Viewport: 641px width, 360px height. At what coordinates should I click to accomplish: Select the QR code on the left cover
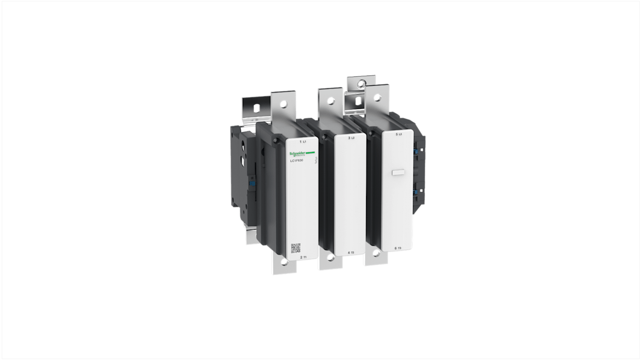pos(296,248)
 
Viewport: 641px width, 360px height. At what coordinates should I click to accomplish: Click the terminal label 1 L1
pos(302,142)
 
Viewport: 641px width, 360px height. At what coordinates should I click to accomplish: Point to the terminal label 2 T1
pos(303,257)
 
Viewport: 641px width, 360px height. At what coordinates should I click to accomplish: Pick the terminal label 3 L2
pos(351,138)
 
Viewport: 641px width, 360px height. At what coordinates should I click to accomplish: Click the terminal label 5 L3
pos(399,134)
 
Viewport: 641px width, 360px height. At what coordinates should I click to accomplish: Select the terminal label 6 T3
pos(398,248)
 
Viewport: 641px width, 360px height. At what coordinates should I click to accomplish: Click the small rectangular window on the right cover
pos(398,172)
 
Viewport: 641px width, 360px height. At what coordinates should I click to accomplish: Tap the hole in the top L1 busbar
pos(283,104)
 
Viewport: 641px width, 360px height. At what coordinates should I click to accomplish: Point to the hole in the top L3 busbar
pos(378,96)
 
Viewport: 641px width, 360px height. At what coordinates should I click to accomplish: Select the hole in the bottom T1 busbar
pos(283,262)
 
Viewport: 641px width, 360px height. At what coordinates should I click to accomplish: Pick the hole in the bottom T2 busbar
pos(331,258)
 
